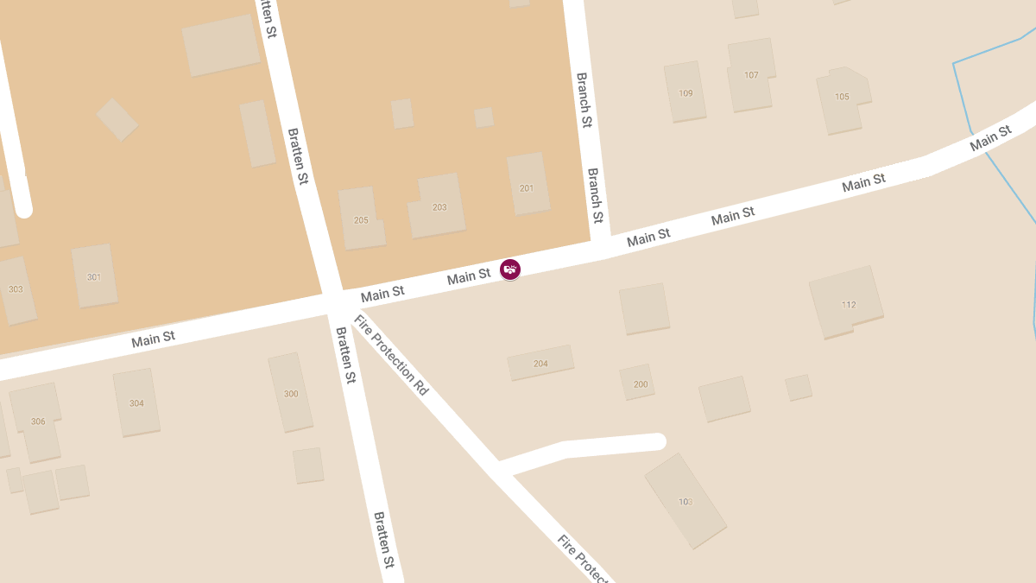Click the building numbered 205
tap(361, 219)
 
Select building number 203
tap(439, 206)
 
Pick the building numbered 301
tap(94, 276)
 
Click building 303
tap(16, 288)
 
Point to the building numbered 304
tap(136, 402)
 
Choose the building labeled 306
tap(37, 421)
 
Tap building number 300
tap(291, 393)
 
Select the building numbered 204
tap(540, 363)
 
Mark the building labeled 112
tap(848, 304)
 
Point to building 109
tap(685, 92)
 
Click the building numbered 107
tap(751, 75)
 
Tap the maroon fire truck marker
tap(510, 269)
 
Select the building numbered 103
tap(685, 501)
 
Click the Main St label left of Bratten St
tap(153, 339)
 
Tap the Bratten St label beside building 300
tap(345, 355)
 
